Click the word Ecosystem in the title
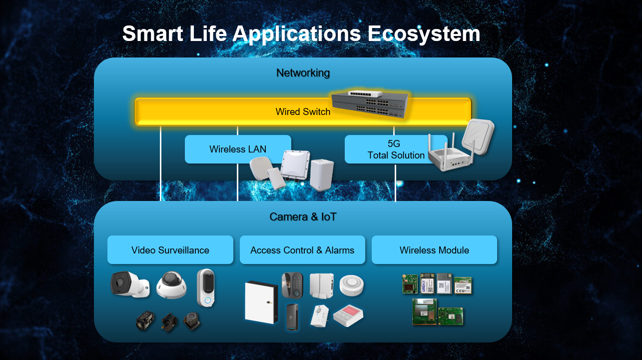pyautogui.click(x=424, y=34)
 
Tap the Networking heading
pyautogui.click(x=303, y=73)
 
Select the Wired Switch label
pyautogui.click(x=303, y=111)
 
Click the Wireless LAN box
pyautogui.click(x=238, y=149)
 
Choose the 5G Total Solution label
pyautogui.click(x=396, y=149)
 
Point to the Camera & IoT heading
pyautogui.click(x=303, y=217)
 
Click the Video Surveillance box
pyautogui.click(x=170, y=250)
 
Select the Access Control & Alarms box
pyautogui.click(x=302, y=250)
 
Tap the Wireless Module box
pyautogui.click(x=434, y=250)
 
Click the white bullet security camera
pyautogui.click(x=130, y=284)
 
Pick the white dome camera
pyautogui.click(x=171, y=285)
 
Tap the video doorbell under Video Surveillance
pyautogui.click(x=206, y=287)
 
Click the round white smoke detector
pyautogui.click(x=352, y=285)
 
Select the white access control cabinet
pyautogui.click(x=261, y=302)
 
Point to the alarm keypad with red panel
pyautogui.click(x=348, y=315)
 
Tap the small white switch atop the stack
pyautogui.click(x=365, y=94)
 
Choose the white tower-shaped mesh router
pyautogui.click(x=322, y=174)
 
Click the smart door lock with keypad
pyautogui.click(x=292, y=285)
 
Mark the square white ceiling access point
pyautogui.click(x=478, y=136)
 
